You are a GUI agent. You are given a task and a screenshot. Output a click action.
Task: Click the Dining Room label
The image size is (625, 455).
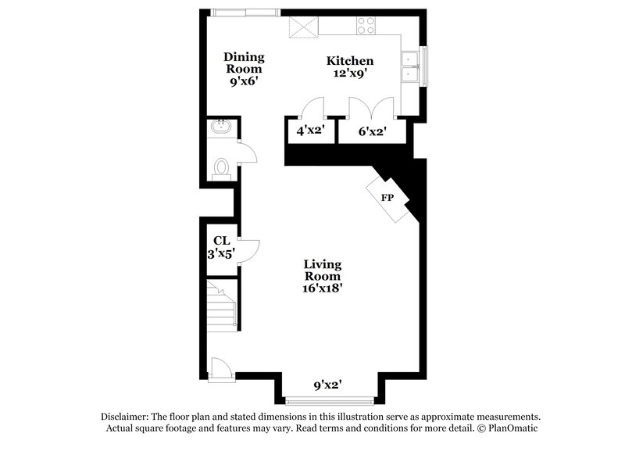[244, 63]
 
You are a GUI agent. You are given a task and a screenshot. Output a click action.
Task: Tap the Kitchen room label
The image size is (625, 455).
[349, 61]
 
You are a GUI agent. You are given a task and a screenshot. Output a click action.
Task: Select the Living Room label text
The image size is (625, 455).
[323, 270]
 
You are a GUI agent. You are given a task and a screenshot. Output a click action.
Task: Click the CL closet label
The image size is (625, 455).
[221, 241]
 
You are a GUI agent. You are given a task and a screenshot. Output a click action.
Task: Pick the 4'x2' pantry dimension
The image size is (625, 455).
[310, 131]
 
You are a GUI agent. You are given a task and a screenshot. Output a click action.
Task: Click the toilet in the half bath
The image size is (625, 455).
[221, 167]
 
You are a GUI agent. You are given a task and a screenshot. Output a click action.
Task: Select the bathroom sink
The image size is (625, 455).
[221, 127]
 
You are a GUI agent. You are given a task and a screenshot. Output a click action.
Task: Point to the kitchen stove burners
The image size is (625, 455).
[365, 25]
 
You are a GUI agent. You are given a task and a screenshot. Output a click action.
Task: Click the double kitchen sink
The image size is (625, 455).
[410, 67]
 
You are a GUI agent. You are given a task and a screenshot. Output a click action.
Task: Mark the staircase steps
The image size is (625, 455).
[221, 306]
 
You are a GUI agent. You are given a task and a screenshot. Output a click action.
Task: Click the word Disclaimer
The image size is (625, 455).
[126, 417]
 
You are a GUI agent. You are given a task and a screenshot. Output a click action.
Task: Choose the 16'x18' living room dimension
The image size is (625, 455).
[323, 287]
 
